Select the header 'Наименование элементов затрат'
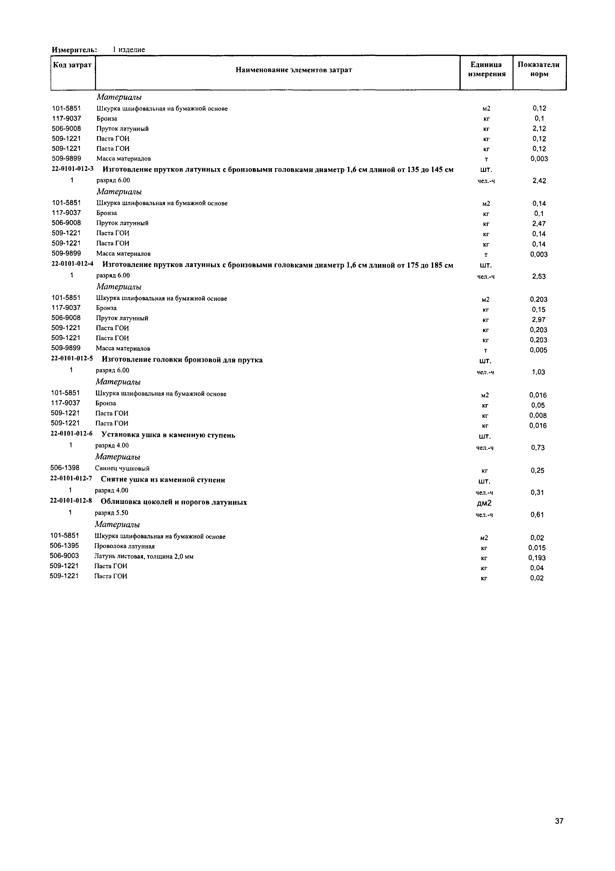pyautogui.click(x=294, y=70)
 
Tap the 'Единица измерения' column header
pyautogui.click(x=486, y=70)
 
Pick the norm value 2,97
pyautogui.click(x=538, y=320)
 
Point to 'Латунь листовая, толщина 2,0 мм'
pyautogui.click(x=144, y=557)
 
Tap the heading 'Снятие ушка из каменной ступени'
pyautogui.click(x=163, y=480)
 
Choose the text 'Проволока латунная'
pyautogui.click(x=125, y=546)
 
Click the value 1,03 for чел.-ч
pyautogui.click(x=538, y=372)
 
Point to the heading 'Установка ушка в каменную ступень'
pyautogui.click(x=168, y=435)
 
